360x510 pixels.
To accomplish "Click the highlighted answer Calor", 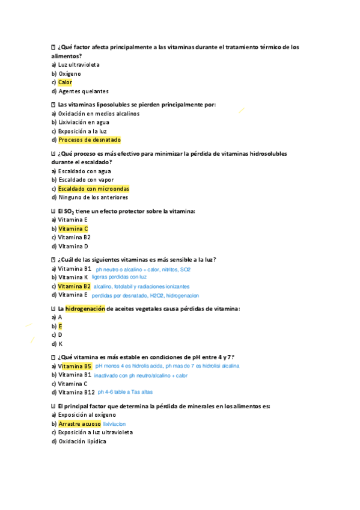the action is [65, 82].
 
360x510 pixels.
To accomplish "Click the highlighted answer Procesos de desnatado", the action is [90, 140].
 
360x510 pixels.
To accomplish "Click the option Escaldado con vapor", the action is [86, 180].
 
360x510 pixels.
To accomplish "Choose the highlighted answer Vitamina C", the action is [73, 229].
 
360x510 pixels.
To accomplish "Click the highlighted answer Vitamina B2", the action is [75, 286].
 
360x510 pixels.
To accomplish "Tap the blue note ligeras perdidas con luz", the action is [123, 277].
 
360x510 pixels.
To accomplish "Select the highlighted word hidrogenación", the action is [85, 309].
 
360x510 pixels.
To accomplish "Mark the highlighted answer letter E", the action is [60, 326].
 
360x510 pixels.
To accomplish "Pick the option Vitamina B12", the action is [76, 392].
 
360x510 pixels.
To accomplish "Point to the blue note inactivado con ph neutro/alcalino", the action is [141, 375].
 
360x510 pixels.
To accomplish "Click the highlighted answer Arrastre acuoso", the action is [79, 424].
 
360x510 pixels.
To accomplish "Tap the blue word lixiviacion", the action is [114, 424].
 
